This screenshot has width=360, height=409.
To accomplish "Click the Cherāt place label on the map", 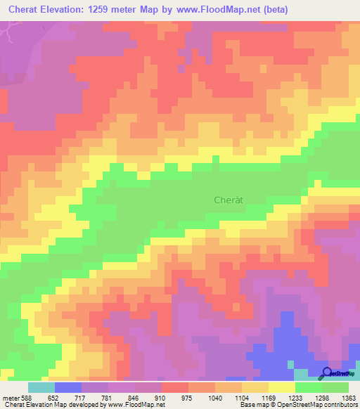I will (x=228, y=200).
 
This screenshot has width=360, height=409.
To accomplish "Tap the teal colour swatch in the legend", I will (x=41, y=387).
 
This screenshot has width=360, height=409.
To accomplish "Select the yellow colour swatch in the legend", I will (x=282, y=387).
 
